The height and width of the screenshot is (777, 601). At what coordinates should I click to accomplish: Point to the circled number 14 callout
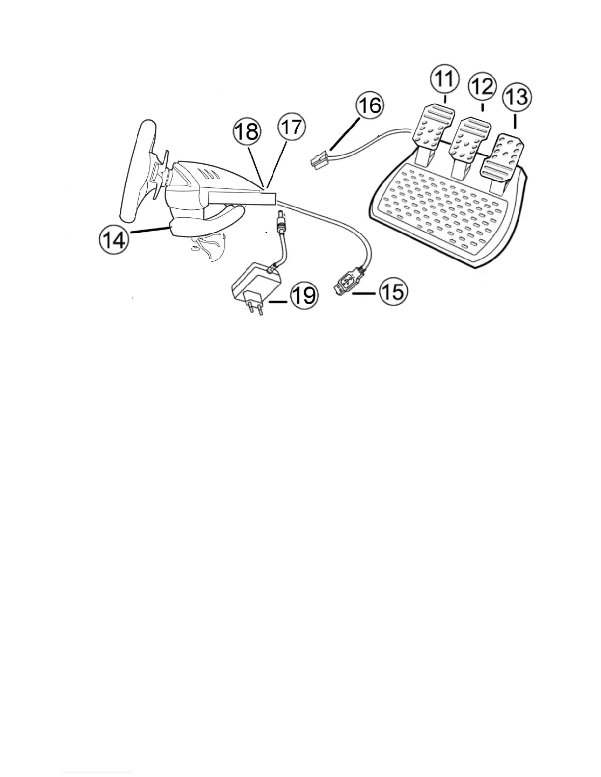click(113, 240)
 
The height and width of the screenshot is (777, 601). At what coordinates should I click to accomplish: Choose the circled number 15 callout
click(392, 293)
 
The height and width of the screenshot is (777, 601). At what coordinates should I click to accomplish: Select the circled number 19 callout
click(303, 296)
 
